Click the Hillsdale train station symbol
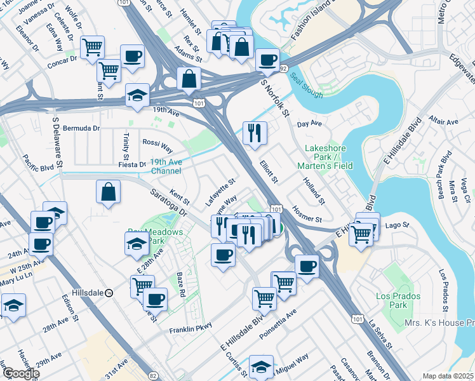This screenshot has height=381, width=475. click(x=109, y=293)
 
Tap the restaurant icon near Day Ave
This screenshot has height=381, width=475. click(x=255, y=133)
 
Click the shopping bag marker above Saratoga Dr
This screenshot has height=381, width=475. click(x=109, y=192)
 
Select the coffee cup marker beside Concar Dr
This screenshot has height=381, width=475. click(x=131, y=56)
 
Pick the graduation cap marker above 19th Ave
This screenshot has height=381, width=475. click(x=138, y=95)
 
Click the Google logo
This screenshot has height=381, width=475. click(x=20, y=373)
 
